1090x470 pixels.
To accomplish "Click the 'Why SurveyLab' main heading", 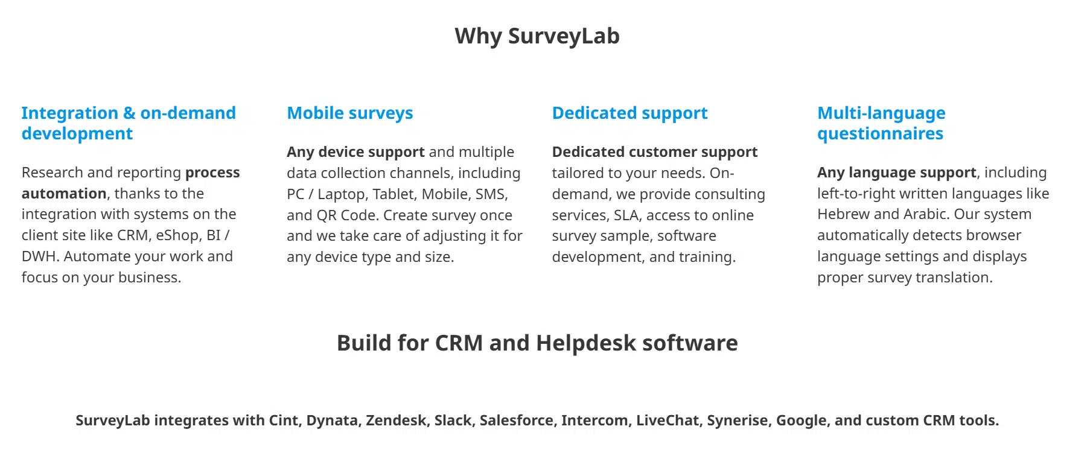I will pos(537,36).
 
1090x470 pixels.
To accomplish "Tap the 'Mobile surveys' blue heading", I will pos(350,113).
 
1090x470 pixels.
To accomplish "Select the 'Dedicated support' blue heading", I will pos(629,113).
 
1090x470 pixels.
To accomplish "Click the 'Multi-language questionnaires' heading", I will pos(881,123).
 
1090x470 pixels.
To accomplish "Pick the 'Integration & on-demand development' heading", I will pos(129,123).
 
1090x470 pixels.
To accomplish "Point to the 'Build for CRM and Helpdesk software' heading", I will pos(537,343).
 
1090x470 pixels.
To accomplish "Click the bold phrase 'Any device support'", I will pos(355,152).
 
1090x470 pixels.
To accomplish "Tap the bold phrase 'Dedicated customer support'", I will pos(654,152).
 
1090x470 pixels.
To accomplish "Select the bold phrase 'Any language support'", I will pos(896,173).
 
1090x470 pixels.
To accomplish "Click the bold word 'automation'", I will pos(64,194).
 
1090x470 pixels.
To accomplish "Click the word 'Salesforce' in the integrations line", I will pos(517,421).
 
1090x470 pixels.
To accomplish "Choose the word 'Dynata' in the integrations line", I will pos(332,421).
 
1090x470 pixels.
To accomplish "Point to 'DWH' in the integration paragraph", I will pos(39,256).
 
